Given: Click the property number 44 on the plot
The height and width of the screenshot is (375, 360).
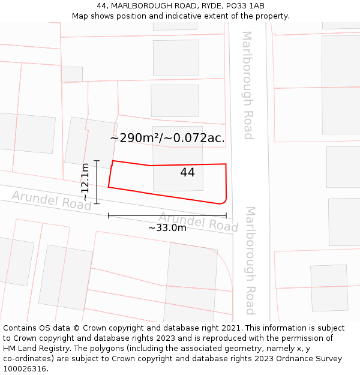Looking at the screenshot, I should click(187, 173).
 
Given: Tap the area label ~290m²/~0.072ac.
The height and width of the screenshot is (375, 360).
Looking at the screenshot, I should click(167, 138).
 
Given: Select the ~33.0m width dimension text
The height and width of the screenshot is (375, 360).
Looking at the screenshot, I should click(167, 227).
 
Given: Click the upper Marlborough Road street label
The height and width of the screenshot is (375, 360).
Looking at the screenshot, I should click(247, 85).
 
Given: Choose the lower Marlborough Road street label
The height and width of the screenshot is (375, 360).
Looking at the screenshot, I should click(250, 260).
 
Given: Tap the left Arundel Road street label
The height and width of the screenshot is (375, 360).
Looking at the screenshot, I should click(52, 200).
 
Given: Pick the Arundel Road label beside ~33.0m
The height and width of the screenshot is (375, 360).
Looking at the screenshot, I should click(199, 222).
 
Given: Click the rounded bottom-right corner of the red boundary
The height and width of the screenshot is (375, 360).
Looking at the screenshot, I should click(223, 201).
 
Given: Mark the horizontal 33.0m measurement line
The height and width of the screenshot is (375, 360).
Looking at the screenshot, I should click(167, 215).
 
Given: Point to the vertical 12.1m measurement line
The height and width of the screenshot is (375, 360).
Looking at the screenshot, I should click(97, 182).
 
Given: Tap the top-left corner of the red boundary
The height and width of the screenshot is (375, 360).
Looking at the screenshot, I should click(113, 161).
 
